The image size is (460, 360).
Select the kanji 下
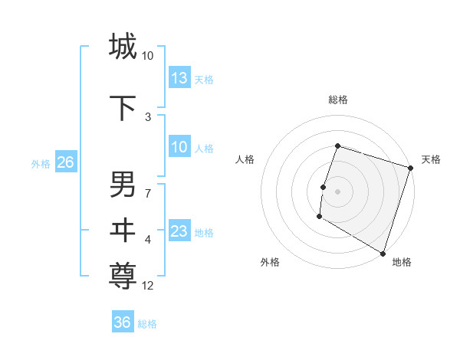[123, 108]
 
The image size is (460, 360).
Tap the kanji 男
[123, 185]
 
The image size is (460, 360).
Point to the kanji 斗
[123, 229]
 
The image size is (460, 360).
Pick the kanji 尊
[123, 274]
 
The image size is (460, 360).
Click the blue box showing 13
[179, 78]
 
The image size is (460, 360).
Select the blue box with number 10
[179, 147]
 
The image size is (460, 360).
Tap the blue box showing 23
[179, 231]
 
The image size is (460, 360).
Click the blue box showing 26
[65, 162]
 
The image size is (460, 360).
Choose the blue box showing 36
[123, 322]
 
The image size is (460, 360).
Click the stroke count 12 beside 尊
[148, 286]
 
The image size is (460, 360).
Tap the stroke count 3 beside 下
[148, 117]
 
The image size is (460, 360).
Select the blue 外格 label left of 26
[41, 164]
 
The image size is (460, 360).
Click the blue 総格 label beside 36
[147, 324]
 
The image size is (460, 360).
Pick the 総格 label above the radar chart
[337, 100]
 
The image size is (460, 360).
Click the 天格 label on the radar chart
[431, 159]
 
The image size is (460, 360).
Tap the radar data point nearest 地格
[382, 253]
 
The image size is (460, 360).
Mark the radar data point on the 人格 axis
[324, 187]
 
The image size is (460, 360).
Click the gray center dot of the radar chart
[337, 191]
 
